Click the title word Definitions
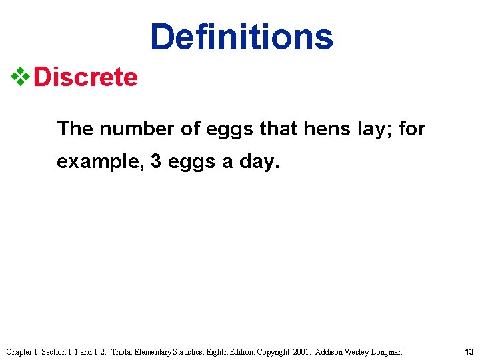241,37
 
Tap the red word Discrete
85,77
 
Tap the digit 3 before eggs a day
156,162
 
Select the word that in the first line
278,128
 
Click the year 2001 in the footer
302,351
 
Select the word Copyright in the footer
272,351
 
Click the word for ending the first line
412,128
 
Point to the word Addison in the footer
330,351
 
